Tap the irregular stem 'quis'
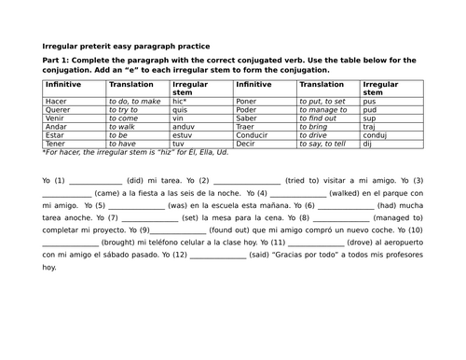click(183, 109)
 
